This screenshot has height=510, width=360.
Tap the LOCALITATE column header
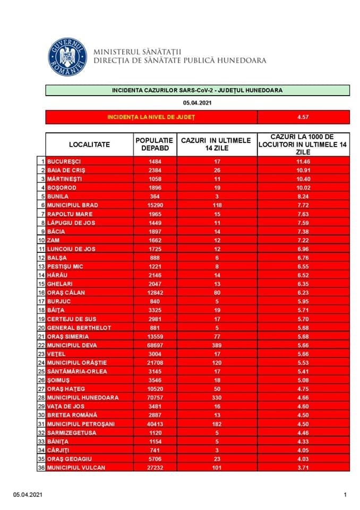[89, 144]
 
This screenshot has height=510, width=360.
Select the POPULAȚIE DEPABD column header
[155, 144]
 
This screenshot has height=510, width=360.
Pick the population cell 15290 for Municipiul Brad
[155, 205]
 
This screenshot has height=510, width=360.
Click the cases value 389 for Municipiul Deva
[216, 345]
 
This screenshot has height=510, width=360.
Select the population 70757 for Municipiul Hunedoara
[155, 397]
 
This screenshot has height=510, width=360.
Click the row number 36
[41, 467]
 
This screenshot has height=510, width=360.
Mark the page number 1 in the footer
[345, 495]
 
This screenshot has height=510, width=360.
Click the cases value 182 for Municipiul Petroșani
[216, 423]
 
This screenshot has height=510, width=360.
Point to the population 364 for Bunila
[155, 196]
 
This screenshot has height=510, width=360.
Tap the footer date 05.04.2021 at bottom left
[28, 495]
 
